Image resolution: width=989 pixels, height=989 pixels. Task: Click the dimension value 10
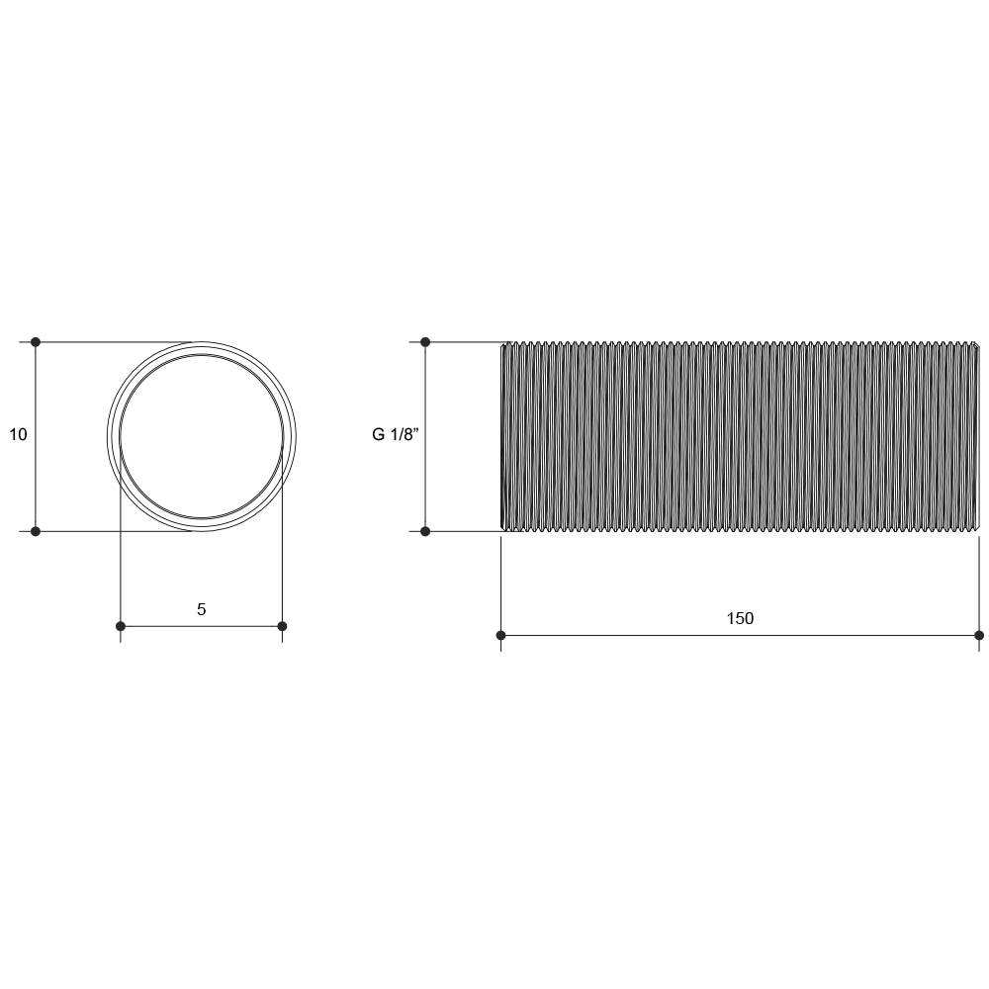[18, 434]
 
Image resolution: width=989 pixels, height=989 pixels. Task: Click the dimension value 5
[201, 609]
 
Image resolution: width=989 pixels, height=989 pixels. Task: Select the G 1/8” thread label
[396, 434]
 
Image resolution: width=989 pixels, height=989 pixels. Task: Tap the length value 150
[740, 618]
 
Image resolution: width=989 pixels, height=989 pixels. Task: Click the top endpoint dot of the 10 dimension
[36, 342]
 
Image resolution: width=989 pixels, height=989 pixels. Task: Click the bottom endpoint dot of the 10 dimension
[36, 532]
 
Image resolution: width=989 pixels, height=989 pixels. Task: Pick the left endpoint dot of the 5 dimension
[121, 626]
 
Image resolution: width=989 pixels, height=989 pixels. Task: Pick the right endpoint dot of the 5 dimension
[282, 626]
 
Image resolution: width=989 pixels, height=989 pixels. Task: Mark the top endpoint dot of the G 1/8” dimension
[425, 342]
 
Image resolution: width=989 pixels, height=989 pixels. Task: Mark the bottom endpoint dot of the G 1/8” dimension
[425, 532]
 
